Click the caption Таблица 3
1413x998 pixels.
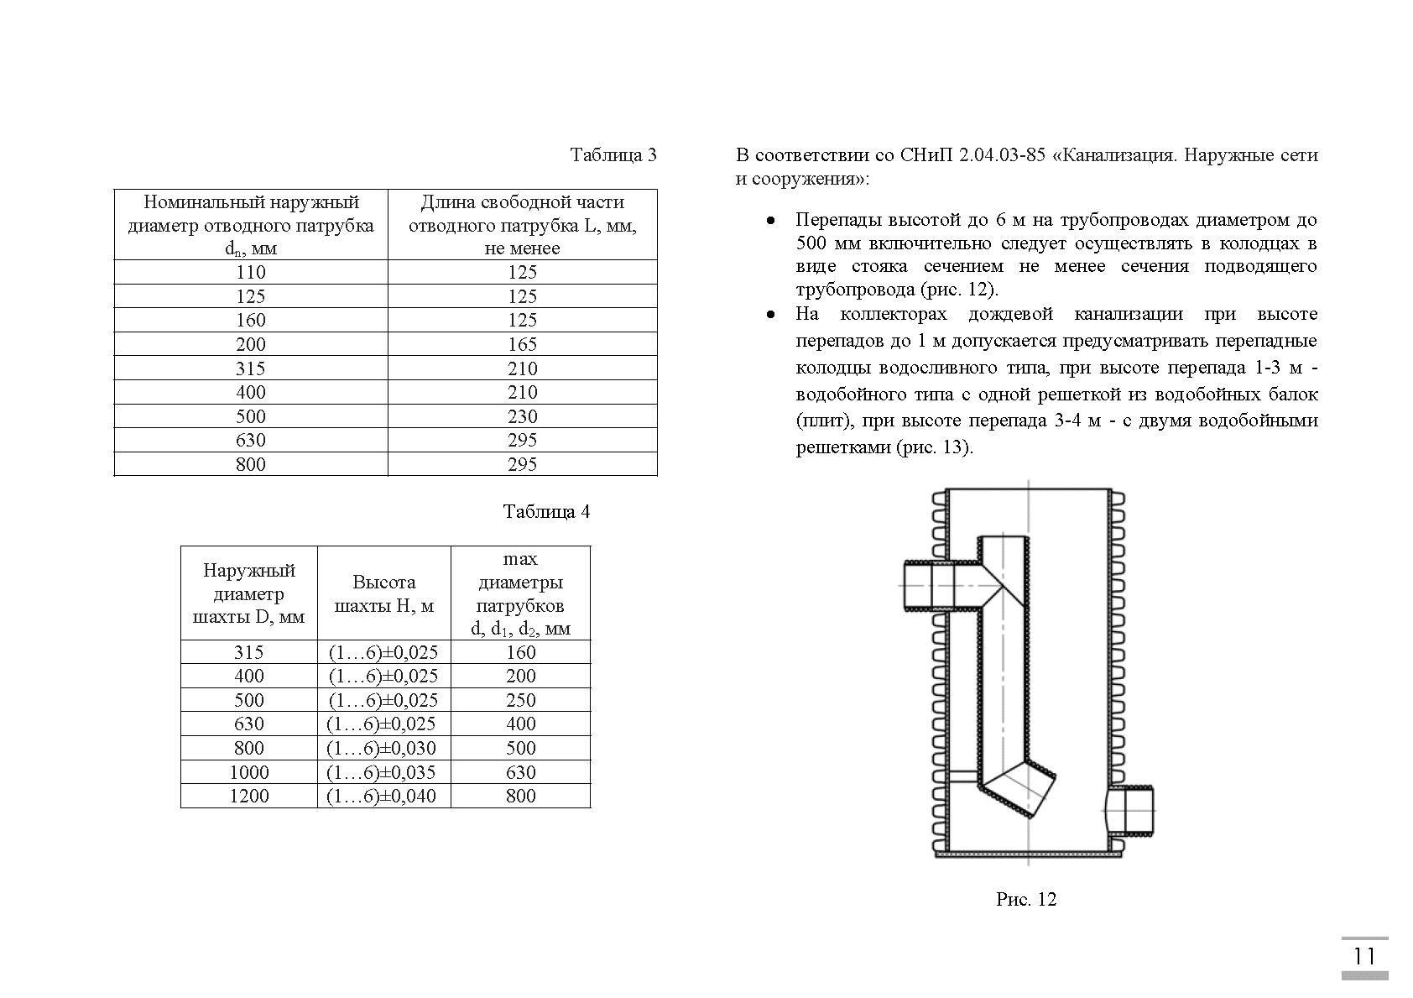613,155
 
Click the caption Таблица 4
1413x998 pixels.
546,512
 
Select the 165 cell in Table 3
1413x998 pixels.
522,344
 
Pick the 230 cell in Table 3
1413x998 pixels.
522,416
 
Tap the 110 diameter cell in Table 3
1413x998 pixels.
250,272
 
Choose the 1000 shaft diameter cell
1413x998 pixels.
249,772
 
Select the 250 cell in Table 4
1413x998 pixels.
520,700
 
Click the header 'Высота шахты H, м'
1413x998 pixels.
383,593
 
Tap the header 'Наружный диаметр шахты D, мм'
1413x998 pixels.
249,593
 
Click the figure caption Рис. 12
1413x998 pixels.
1025,900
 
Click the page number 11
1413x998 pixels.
1363,956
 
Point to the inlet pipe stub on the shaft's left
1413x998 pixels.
927,584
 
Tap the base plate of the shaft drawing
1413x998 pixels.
1029,854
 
